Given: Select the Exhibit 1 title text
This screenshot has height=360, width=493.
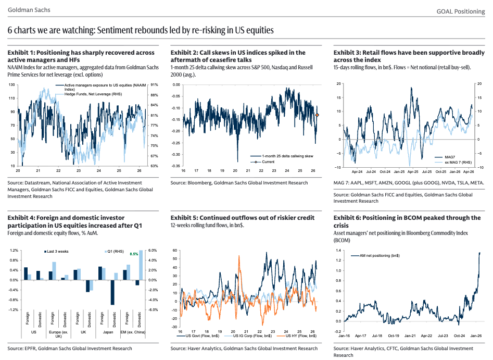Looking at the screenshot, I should pyautogui.click(x=81, y=56).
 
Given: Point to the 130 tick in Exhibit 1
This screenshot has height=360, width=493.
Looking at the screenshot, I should pyautogui.click(x=11, y=85).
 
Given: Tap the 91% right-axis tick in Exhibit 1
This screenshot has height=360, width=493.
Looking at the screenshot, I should pyautogui.click(x=154, y=85).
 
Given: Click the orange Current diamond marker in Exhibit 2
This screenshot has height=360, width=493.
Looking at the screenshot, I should pyautogui.click(x=318, y=115).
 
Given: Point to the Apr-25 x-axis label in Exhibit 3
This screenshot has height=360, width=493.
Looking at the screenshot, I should pyautogui.click(x=413, y=171).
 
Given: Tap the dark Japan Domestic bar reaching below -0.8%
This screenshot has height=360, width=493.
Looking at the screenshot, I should pyautogui.click(x=112, y=292).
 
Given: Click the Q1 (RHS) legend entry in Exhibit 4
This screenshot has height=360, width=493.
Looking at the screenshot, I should pyautogui.click(x=124, y=251).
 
